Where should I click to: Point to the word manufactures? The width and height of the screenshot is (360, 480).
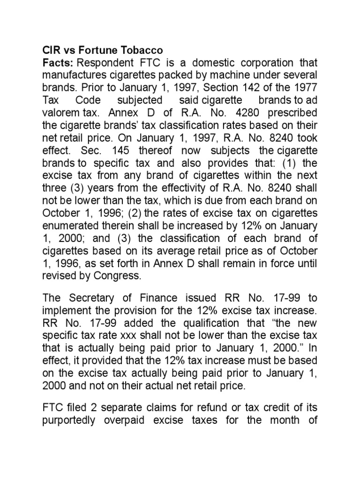coord(73,75)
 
